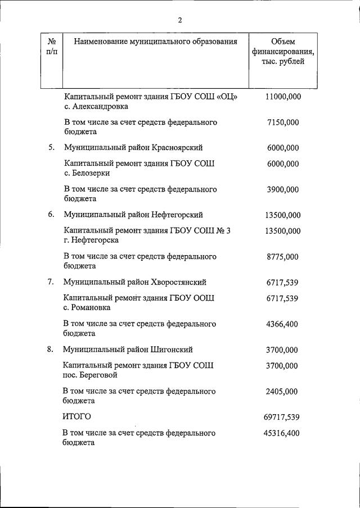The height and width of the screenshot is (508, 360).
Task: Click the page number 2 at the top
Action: coord(180,21)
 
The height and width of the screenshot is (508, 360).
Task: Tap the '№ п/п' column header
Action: coord(52,47)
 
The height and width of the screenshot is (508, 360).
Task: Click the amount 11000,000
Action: coord(283,97)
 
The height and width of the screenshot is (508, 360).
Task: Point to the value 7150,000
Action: coord(283,122)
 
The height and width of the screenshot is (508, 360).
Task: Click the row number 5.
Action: coord(51,148)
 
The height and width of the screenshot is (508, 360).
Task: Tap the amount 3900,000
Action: coord(283,189)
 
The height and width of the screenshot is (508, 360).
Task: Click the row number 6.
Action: coord(51,215)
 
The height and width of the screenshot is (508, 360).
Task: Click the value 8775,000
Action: coord(283,257)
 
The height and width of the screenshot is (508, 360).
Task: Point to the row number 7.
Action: coord(51,282)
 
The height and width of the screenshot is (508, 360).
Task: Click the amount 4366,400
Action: coord(283,324)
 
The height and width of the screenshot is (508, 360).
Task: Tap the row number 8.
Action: coord(51,350)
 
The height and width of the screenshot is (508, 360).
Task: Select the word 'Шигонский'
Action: coord(172,350)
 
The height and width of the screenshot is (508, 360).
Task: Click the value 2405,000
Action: coord(283,392)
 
